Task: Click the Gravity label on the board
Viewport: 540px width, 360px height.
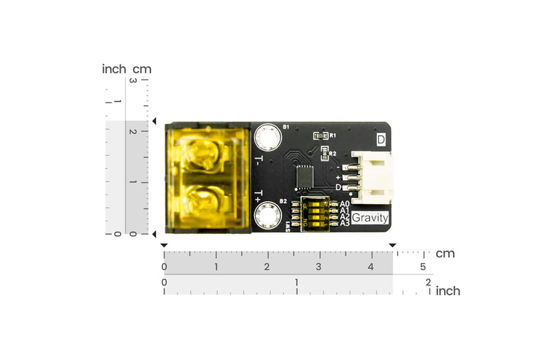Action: click(371, 218)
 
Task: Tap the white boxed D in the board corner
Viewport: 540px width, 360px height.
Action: click(381, 140)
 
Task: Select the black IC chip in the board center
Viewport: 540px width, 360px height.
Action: click(306, 173)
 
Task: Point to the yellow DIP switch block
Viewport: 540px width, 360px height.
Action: click(315, 213)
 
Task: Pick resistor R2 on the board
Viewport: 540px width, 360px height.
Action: click(323, 153)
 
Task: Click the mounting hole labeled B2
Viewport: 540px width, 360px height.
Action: click(267, 216)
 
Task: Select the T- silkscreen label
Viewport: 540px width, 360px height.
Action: click(259, 161)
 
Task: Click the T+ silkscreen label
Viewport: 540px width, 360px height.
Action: click(259, 195)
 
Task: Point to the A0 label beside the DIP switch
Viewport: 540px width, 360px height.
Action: click(344, 203)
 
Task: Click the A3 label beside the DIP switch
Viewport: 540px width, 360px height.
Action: click(344, 224)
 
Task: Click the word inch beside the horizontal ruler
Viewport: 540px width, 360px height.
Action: click(448, 290)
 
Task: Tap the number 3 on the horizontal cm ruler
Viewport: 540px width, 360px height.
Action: click(319, 267)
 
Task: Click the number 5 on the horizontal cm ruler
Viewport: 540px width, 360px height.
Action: click(423, 267)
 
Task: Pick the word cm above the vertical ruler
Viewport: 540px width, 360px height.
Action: click(142, 69)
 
